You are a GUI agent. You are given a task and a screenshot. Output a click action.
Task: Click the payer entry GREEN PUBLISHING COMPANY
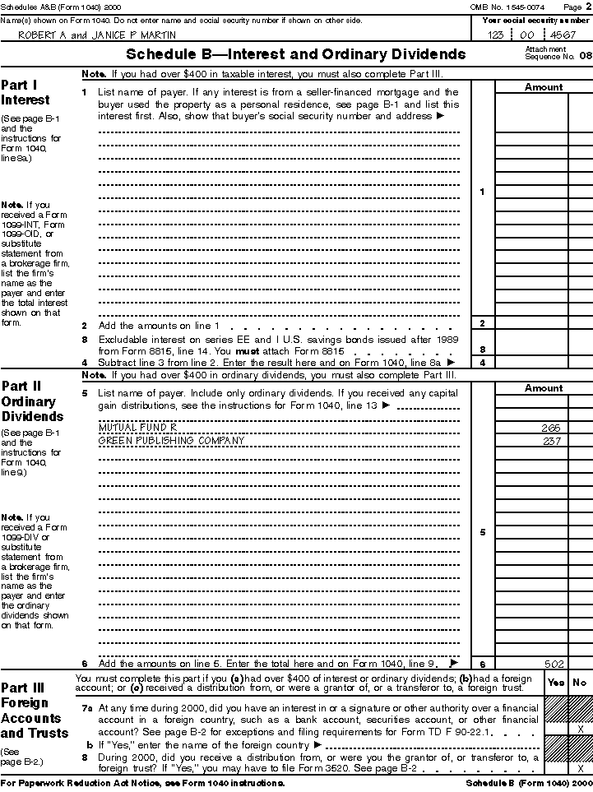(x=172, y=440)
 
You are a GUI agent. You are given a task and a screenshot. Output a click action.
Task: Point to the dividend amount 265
(x=550, y=428)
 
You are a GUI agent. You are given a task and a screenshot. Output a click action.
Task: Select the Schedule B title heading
(x=296, y=55)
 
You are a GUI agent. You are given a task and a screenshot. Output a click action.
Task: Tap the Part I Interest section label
(x=25, y=92)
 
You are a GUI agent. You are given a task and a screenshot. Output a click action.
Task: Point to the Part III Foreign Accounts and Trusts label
(x=35, y=710)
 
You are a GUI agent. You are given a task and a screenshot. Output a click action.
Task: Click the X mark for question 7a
(x=581, y=729)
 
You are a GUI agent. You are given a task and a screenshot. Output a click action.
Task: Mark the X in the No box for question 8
(x=581, y=767)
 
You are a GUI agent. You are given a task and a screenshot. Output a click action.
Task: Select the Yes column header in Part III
(x=556, y=682)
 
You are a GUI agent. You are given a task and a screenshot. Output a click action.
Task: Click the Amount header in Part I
(x=544, y=86)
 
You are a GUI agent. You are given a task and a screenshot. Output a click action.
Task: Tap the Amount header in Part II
(x=544, y=387)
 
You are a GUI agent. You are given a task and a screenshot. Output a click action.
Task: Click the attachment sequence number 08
(x=585, y=56)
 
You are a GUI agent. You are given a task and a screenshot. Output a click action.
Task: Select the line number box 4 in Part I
(x=482, y=362)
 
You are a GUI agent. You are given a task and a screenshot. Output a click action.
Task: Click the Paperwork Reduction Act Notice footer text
(x=143, y=783)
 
